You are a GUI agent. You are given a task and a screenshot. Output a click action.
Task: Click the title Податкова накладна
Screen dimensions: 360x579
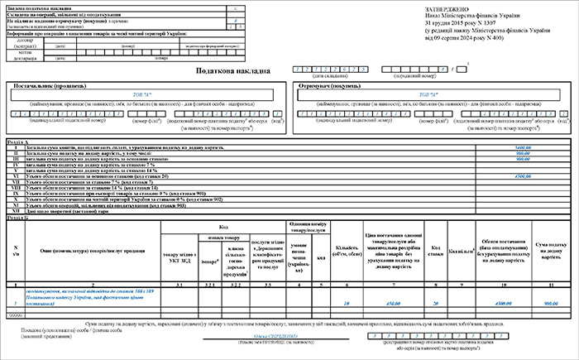(232, 70)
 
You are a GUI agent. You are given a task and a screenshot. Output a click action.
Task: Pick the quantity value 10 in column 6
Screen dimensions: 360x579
(346, 303)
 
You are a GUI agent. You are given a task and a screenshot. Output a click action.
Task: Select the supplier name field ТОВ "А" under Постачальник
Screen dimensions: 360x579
(142, 95)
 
